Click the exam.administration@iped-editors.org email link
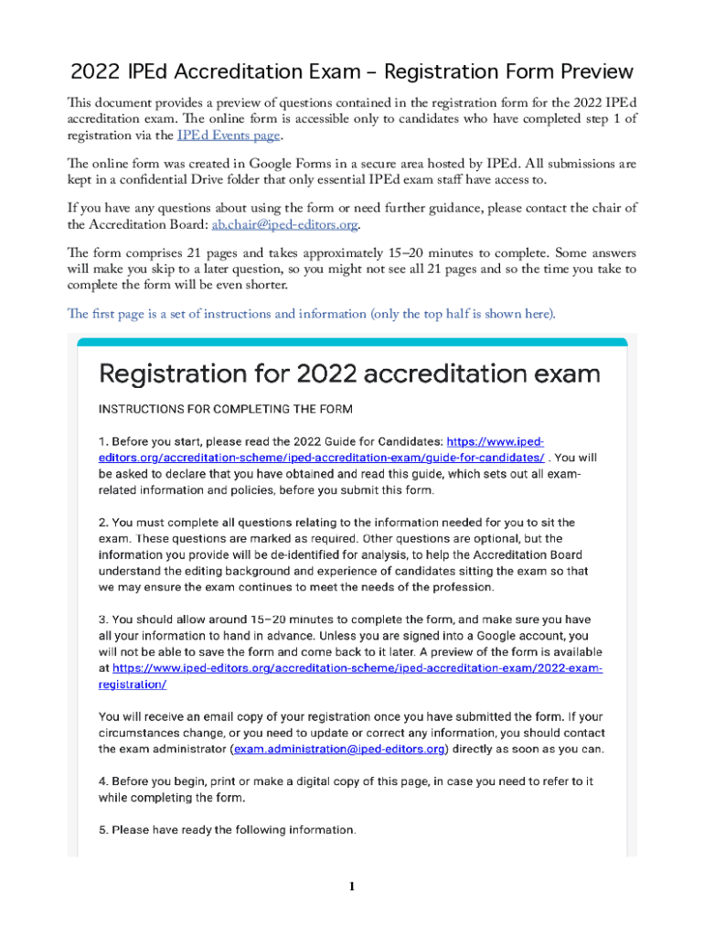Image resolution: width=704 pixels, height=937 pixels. click(x=339, y=750)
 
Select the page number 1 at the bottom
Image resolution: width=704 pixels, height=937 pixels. click(x=351, y=886)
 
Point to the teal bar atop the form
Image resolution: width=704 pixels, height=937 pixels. click(x=352, y=342)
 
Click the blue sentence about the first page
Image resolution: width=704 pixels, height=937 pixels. click(x=311, y=315)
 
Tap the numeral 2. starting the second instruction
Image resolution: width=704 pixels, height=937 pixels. click(x=103, y=522)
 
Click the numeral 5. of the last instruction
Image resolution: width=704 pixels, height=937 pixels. click(x=103, y=830)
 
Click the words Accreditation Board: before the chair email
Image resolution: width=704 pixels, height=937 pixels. click(x=138, y=225)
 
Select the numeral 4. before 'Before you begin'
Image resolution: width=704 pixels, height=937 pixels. click(x=103, y=781)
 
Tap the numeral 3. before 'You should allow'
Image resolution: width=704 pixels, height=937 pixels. click(x=103, y=619)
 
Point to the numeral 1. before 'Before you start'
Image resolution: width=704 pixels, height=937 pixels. click(x=103, y=440)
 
